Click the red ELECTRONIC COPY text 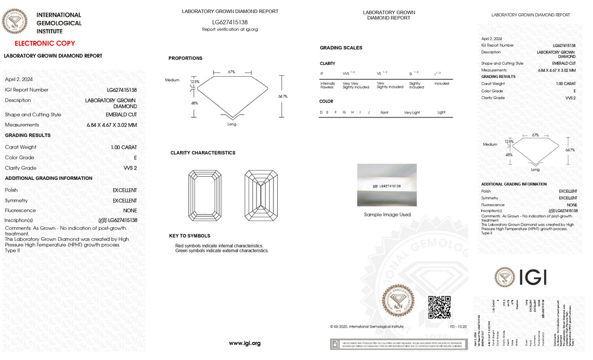tap(44, 43)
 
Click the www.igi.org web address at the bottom tap(244, 343)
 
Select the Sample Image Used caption tap(387, 215)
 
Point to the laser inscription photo tap(387, 185)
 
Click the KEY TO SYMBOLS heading tap(189, 235)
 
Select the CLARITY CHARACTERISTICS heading tap(203, 153)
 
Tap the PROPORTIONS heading tap(185, 58)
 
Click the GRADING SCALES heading tap(341, 48)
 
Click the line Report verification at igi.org tap(230, 30)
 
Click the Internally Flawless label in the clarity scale tap(327, 85)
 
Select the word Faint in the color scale tap(384, 113)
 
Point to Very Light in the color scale tap(412, 113)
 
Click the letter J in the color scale tap(369, 113)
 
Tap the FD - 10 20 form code tap(458, 327)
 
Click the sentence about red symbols tap(219, 245)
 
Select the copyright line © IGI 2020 tap(367, 327)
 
